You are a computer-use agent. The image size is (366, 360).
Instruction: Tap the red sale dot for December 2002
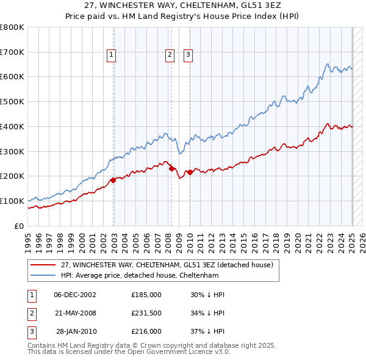[x=113, y=180]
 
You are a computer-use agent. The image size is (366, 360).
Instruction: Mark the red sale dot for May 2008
[x=171, y=168]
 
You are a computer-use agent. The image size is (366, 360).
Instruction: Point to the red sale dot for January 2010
[x=190, y=172]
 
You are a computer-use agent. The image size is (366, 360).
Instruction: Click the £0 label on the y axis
[x=19, y=226]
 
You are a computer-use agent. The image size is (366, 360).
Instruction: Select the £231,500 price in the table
[x=146, y=313]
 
